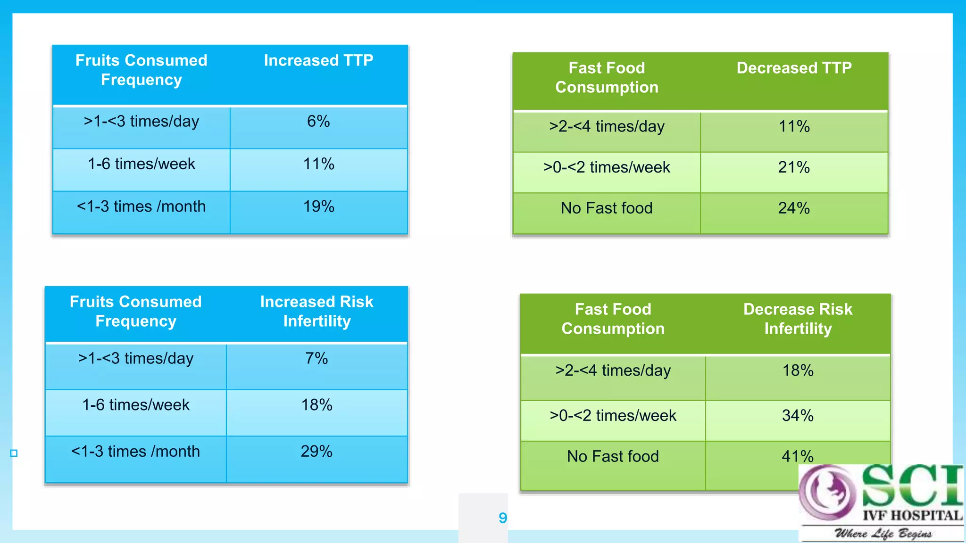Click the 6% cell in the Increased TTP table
click(x=318, y=122)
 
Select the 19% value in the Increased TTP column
click(x=318, y=206)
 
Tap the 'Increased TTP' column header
click(x=318, y=60)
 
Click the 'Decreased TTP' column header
click(x=794, y=68)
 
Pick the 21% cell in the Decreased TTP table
click(x=794, y=167)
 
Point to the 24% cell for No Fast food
click(x=794, y=208)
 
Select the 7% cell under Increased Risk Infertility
click(x=316, y=358)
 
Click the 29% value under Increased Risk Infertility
click(x=316, y=452)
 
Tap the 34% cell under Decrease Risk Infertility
click(x=798, y=416)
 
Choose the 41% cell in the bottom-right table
click(x=797, y=456)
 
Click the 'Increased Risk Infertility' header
click(x=316, y=311)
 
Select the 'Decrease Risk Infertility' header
click(x=798, y=319)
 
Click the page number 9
click(x=503, y=518)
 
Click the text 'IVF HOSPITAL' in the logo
click(x=912, y=515)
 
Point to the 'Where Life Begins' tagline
click(x=883, y=534)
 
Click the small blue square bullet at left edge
click(x=14, y=453)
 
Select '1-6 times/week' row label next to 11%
click(x=142, y=164)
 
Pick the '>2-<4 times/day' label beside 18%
click(x=613, y=370)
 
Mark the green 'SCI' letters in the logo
click(x=912, y=485)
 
